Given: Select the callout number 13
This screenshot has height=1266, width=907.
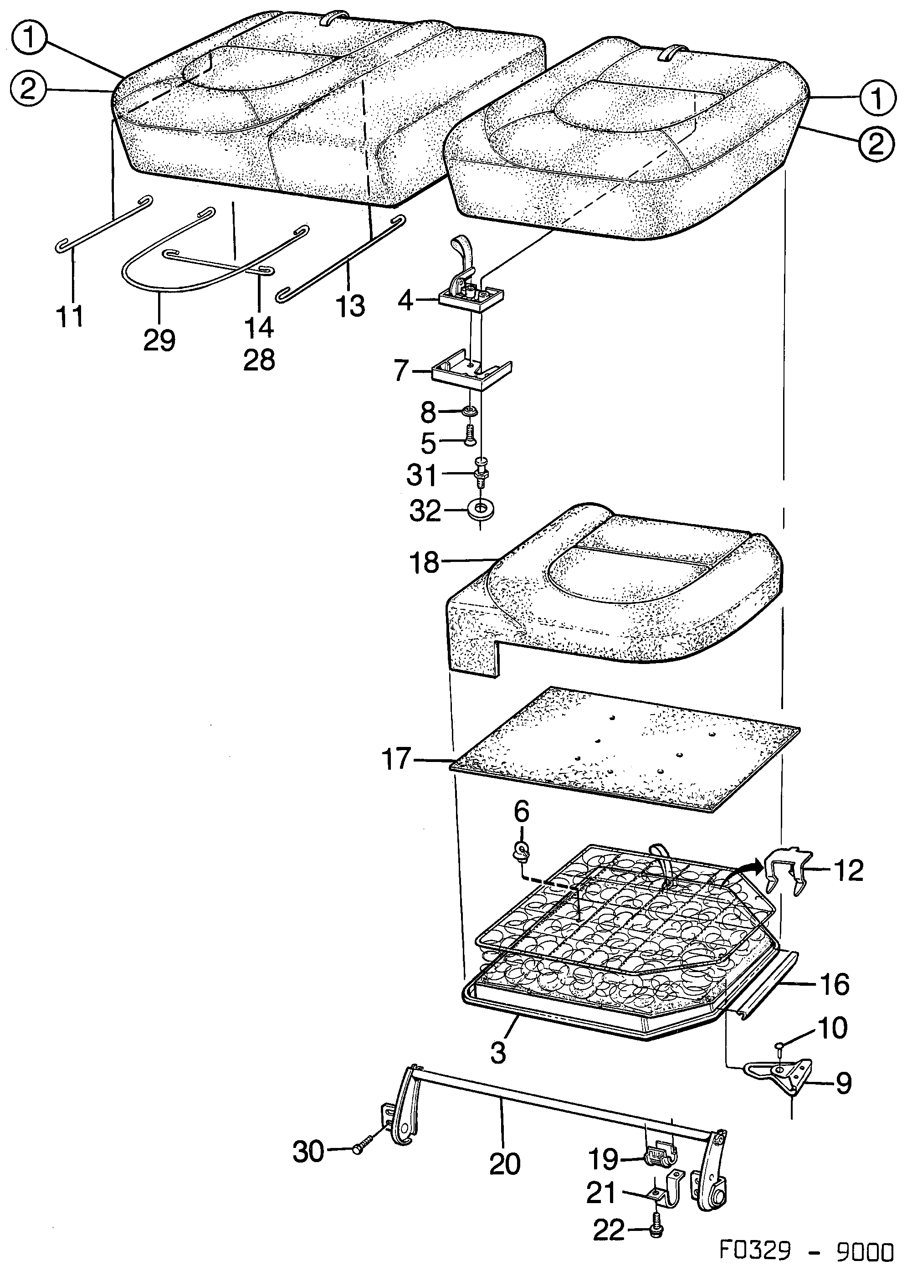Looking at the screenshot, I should (350, 305).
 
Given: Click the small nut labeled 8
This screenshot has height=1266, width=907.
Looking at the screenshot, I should (469, 412).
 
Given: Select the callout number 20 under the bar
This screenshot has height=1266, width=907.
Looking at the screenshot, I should (505, 1165).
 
